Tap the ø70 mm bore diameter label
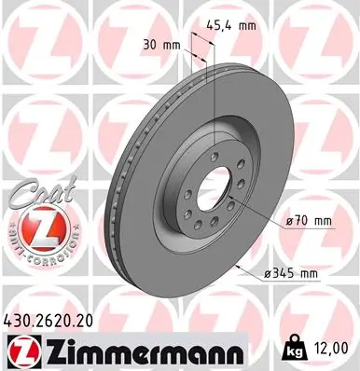310,220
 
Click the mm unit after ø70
323,220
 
